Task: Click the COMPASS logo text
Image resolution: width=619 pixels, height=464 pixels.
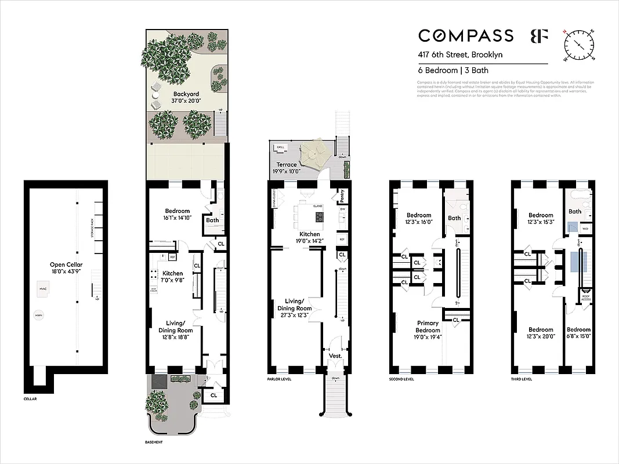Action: pos(466,36)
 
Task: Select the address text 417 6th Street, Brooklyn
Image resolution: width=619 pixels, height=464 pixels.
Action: pos(461,55)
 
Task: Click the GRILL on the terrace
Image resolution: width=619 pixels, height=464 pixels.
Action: pos(281,147)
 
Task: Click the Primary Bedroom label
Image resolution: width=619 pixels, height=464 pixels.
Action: pos(429,327)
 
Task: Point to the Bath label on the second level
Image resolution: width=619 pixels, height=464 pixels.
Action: pos(454,218)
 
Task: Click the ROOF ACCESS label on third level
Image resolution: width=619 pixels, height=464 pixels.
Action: pos(585,298)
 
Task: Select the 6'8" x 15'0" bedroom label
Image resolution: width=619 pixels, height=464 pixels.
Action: pos(578,333)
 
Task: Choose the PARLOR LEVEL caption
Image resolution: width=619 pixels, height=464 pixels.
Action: pos(279,379)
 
